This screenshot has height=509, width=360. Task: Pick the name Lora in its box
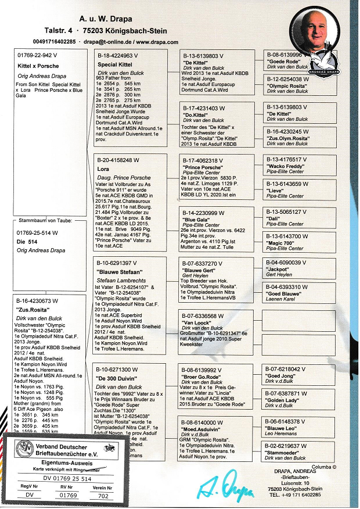(103, 169)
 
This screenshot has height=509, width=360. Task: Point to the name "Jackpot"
(279, 270)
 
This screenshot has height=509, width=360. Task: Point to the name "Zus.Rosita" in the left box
(32, 311)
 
